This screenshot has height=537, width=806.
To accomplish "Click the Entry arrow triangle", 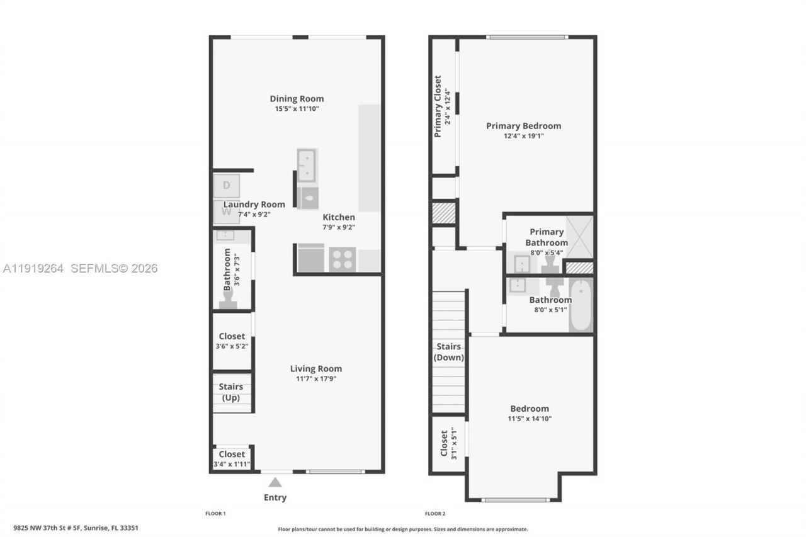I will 275,482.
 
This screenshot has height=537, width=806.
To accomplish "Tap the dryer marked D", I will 226,186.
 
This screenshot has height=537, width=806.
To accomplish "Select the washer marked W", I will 226,212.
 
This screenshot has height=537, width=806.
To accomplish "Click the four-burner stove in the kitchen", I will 343,259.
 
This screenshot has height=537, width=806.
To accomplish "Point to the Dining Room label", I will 297,98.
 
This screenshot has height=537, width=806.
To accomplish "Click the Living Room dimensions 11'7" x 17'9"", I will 316,378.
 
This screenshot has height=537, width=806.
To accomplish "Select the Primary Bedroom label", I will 523,125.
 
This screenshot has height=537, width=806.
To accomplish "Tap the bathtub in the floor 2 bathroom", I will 581,305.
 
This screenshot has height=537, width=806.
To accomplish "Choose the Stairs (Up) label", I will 231,392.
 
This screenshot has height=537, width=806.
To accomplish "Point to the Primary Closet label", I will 438,106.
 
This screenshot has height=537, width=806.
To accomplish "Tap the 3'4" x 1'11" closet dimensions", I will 232,465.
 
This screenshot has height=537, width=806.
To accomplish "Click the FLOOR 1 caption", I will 215,514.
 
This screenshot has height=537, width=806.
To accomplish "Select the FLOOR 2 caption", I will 434,514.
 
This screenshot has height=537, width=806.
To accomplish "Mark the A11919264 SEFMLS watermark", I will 80,268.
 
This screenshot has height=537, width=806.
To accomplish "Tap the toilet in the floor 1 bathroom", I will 228,300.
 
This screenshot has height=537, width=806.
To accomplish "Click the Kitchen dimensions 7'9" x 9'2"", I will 339,227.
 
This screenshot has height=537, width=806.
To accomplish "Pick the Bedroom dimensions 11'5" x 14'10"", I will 530,419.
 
